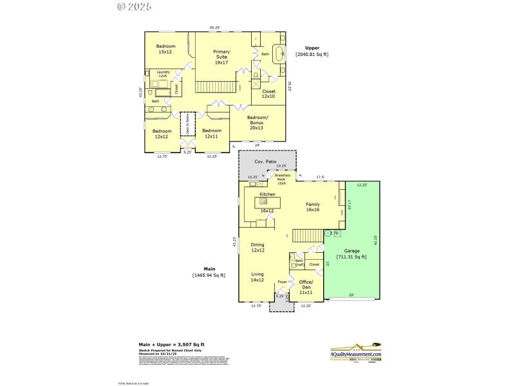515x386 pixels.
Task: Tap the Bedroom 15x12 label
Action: coord(165,49)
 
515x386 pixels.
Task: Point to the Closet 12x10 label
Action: coord(268,94)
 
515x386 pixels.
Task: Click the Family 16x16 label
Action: coord(313,207)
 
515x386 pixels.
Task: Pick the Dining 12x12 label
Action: coord(257,247)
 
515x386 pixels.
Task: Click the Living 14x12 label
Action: coord(257,277)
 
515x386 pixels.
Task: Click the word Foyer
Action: coord(282,282)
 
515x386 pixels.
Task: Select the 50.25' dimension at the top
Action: coord(215,28)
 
